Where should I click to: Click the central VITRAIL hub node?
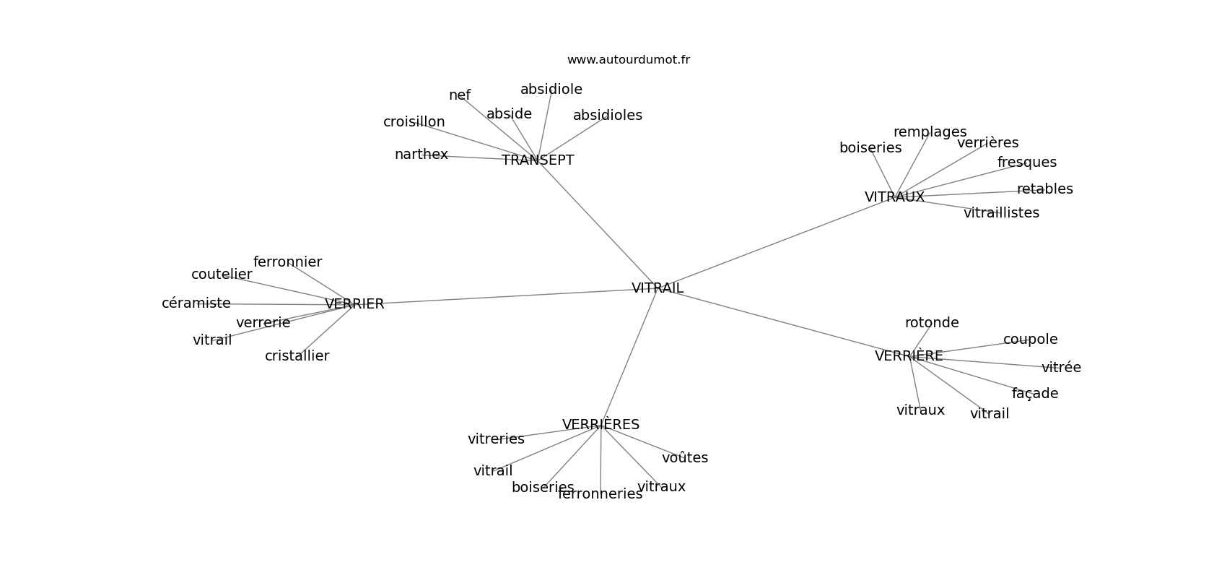(x=657, y=288)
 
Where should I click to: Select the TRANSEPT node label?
(x=538, y=160)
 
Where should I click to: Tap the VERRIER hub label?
(x=354, y=304)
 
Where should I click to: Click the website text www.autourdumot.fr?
(x=628, y=60)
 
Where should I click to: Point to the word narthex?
(x=421, y=155)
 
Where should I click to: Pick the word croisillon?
(x=414, y=122)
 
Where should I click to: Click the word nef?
(x=459, y=95)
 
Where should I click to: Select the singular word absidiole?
(x=551, y=90)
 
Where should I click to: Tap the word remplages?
(x=930, y=132)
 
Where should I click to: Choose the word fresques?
(x=1026, y=163)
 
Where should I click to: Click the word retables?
(x=1044, y=189)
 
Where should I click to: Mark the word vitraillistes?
(x=1001, y=213)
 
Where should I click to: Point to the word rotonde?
(x=931, y=323)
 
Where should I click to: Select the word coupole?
(x=1030, y=340)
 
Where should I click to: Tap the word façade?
(x=1034, y=394)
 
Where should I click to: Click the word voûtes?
(x=684, y=458)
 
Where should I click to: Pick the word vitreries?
(x=496, y=439)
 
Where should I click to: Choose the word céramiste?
(x=196, y=303)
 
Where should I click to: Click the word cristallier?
(x=297, y=356)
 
